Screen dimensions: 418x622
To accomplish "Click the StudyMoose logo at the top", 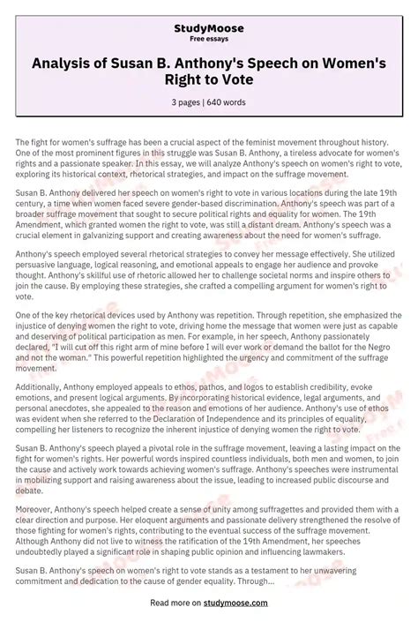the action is click(208, 28).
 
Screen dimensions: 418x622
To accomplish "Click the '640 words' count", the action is click(228, 102).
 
